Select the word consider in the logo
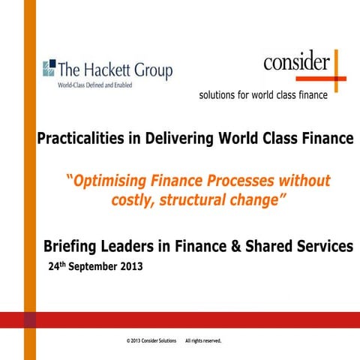coord(296,62)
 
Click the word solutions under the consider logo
coord(220,96)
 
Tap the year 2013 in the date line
coord(129,266)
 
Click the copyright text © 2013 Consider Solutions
coord(151,340)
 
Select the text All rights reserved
coord(203,340)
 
